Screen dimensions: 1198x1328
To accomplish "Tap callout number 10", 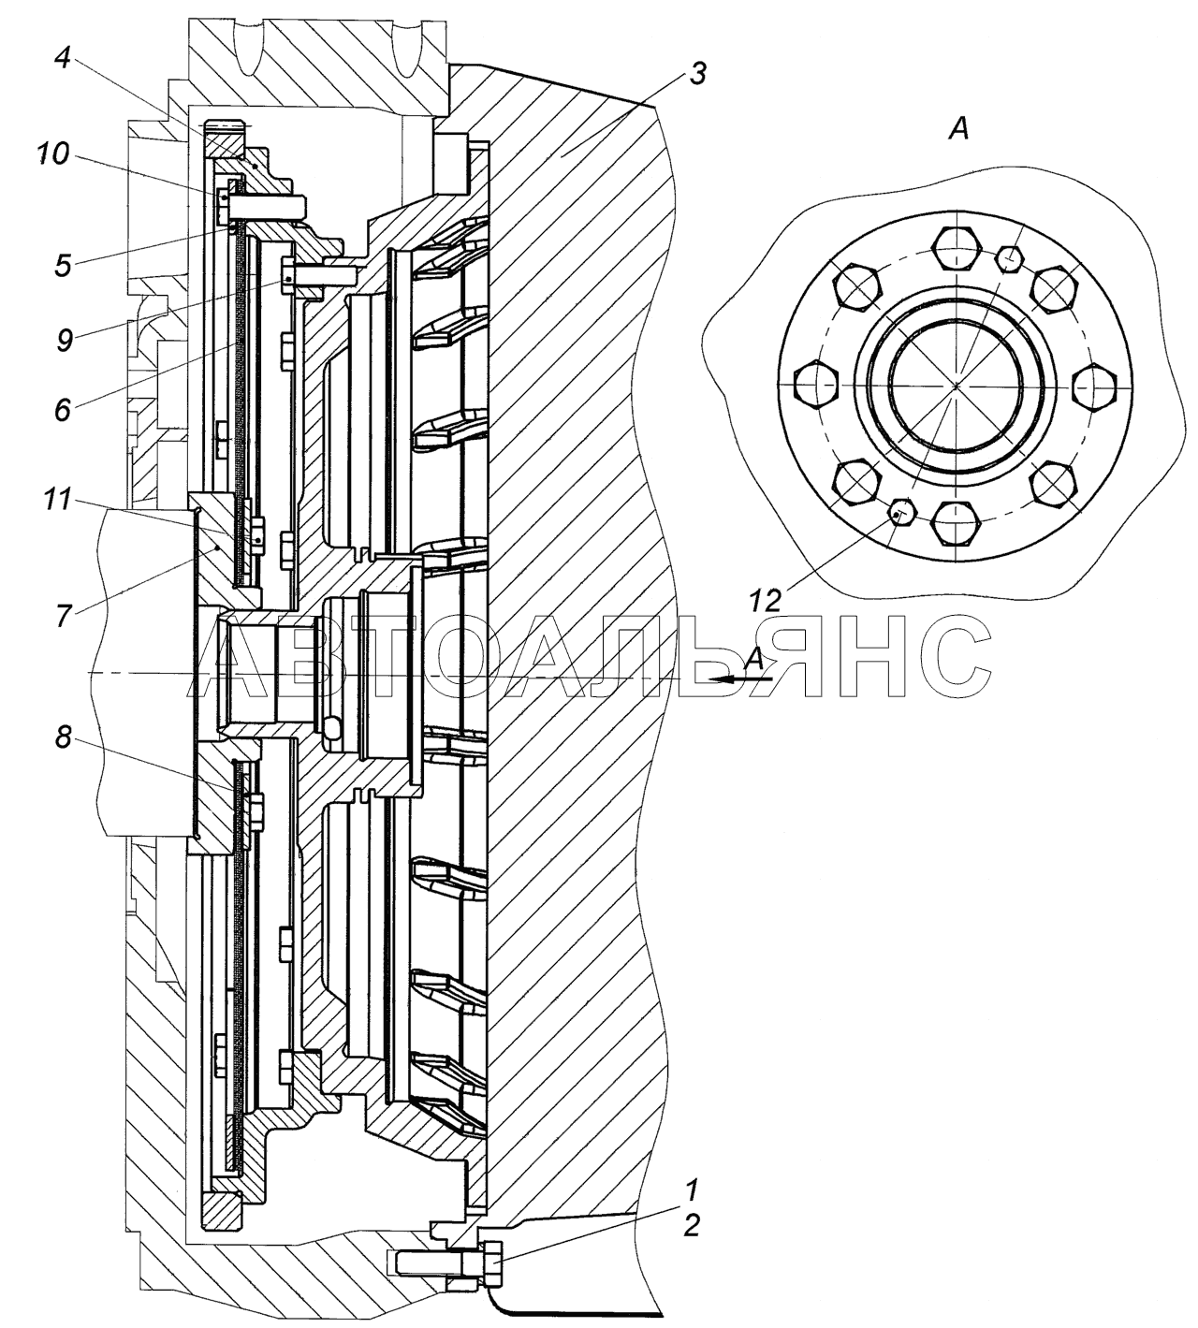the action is [x=53, y=156].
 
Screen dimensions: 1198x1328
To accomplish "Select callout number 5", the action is [x=64, y=264].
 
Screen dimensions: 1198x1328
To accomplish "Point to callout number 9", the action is [x=65, y=341].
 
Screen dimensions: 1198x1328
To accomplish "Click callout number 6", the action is [x=63, y=411].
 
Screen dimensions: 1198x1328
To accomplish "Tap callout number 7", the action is [x=63, y=617].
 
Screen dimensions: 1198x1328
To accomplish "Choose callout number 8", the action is [x=63, y=737].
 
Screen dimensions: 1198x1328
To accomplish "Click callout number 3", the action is [x=696, y=74].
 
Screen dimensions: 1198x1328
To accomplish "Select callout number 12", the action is [x=767, y=601].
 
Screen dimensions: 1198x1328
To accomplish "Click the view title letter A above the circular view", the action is [x=958, y=130].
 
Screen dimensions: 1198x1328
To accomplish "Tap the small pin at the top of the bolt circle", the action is [x=1009, y=259].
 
